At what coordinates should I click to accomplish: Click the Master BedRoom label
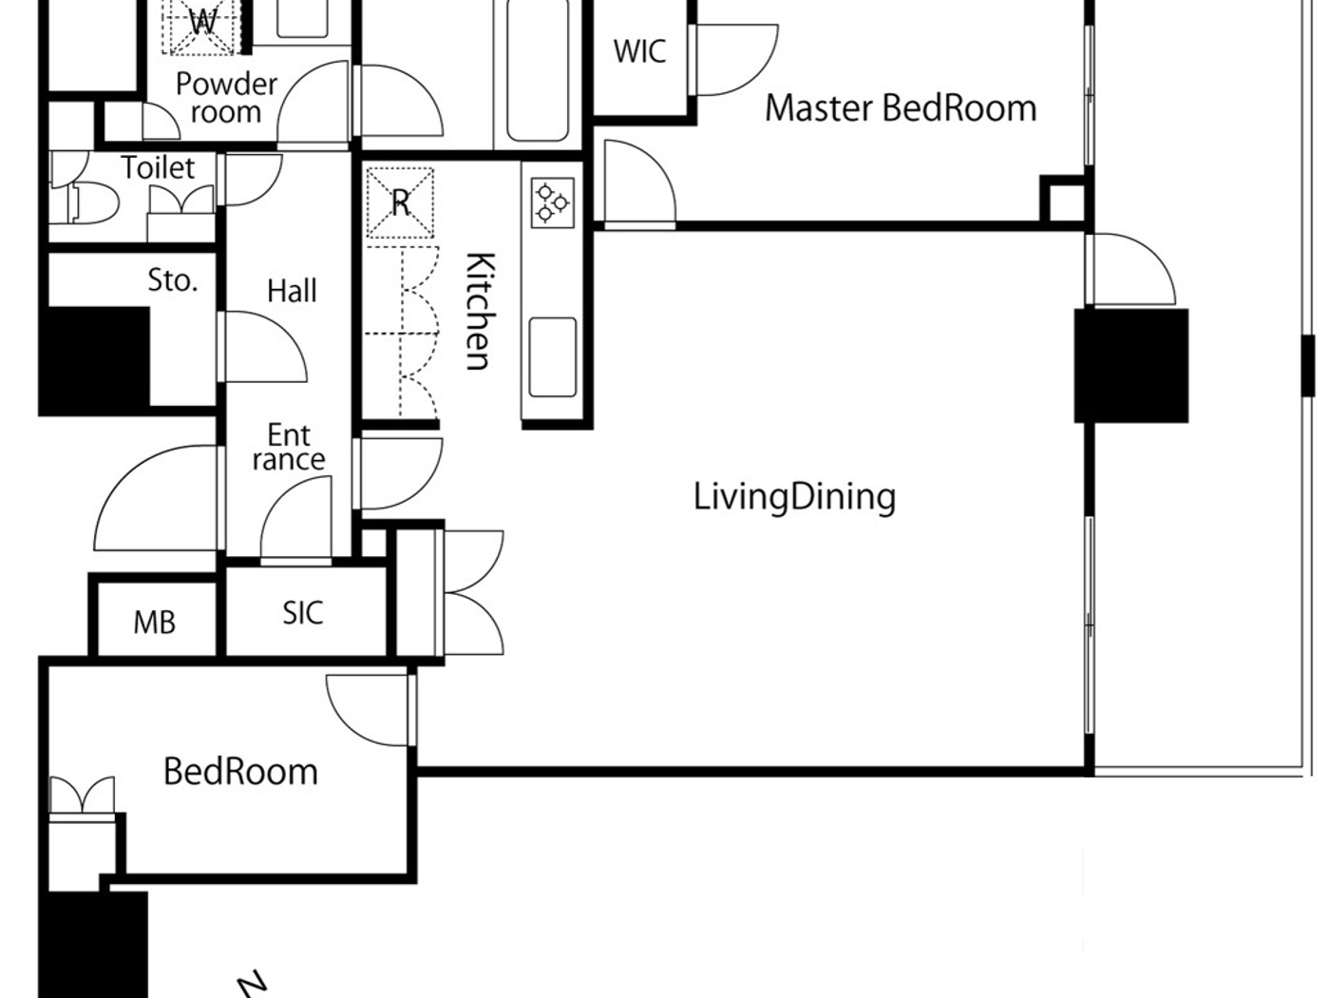click(900, 108)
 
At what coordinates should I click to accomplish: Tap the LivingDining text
click(794, 497)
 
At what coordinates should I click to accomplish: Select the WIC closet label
click(639, 51)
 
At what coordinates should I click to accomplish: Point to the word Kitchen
click(479, 311)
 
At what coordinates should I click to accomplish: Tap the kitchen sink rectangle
click(552, 356)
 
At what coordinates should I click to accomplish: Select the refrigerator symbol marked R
click(400, 202)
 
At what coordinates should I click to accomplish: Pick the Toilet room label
click(158, 168)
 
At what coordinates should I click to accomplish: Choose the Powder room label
click(226, 97)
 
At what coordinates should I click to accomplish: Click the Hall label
click(292, 291)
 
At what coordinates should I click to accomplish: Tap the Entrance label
click(289, 448)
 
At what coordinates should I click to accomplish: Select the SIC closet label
click(303, 613)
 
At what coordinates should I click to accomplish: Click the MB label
click(154, 623)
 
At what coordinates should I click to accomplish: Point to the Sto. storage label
click(172, 280)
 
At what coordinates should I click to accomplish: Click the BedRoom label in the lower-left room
click(240, 771)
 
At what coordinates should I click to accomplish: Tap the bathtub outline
click(538, 71)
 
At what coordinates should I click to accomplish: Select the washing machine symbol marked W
click(202, 24)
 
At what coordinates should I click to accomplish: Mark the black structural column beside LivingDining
click(1130, 365)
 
